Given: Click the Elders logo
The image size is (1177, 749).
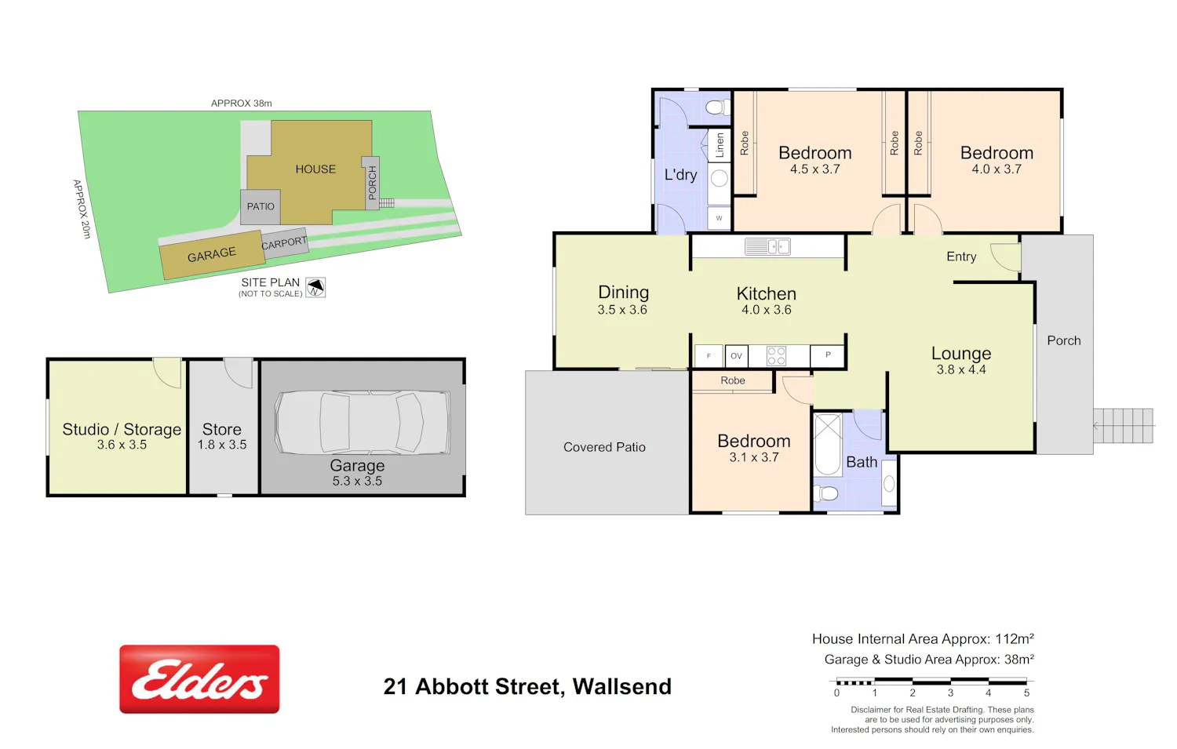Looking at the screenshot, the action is click(x=199, y=678).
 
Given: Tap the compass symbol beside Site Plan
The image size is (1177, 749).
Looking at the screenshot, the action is click(x=315, y=287).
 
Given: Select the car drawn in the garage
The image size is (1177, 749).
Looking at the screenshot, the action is click(x=363, y=422).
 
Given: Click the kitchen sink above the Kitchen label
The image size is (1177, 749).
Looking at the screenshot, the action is click(x=767, y=246).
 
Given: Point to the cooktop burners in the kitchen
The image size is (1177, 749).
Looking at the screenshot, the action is click(x=776, y=355).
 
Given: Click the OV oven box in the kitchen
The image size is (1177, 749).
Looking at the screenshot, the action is click(x=736, y=355).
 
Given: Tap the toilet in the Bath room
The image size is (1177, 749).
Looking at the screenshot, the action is click(x=825, y=493).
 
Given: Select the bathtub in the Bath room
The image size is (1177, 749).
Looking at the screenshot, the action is click(x=828, y=444).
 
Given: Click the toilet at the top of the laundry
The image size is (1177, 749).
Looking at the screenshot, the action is click(x=717, y=107).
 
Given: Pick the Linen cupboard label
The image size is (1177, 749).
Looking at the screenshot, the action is click(x=720, y=145).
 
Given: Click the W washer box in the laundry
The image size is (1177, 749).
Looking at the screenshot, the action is click(x=719, y=218).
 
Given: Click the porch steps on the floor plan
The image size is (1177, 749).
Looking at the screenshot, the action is click(x=1124, y=425).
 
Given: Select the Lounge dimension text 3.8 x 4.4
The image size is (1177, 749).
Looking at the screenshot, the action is click(x=961, y=369).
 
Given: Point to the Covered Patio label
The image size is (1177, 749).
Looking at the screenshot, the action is click(x=604, y=447).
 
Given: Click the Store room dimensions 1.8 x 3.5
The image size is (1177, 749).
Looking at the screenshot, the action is click(x=222, y=445).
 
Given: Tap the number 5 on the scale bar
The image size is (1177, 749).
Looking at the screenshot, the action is click(x=1026, y=693).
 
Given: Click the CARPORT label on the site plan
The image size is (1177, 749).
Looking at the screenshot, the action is click(x=284, y=243).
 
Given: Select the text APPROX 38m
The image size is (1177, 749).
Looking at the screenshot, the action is click(x=241, y=104).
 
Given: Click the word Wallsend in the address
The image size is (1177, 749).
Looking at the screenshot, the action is click(x=622, y=686).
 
